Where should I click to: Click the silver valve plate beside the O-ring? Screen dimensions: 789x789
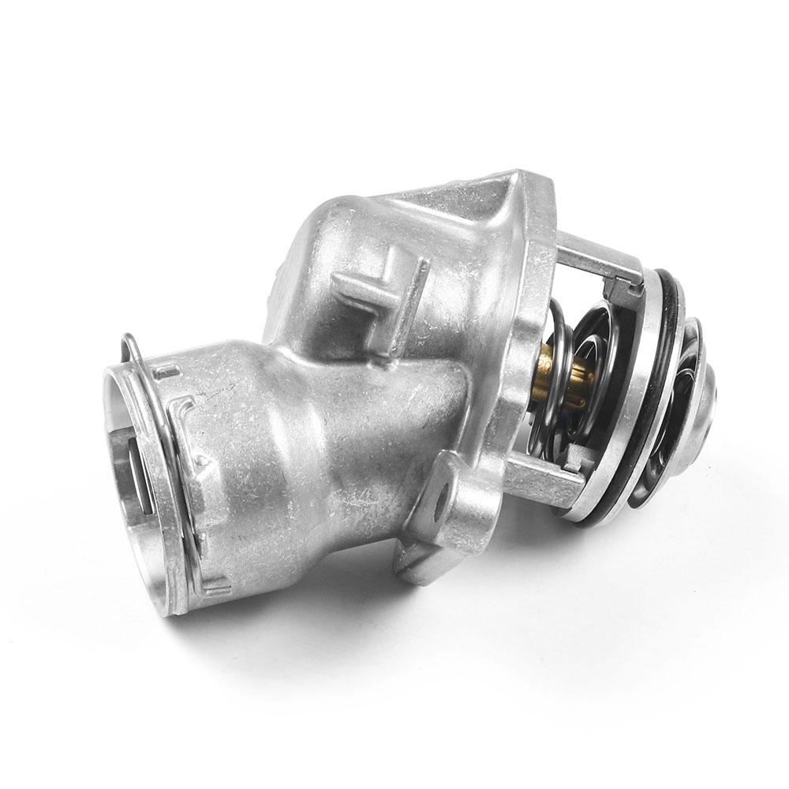[647, 394]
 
